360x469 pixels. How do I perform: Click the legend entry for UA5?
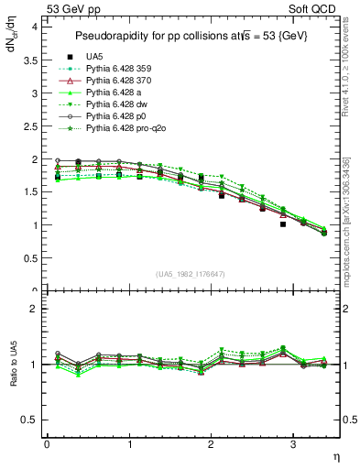(93, 58)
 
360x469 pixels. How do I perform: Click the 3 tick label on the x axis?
(292, 444)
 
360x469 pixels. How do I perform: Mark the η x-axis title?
(334, 456)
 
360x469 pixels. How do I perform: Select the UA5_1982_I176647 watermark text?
(191, 274)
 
